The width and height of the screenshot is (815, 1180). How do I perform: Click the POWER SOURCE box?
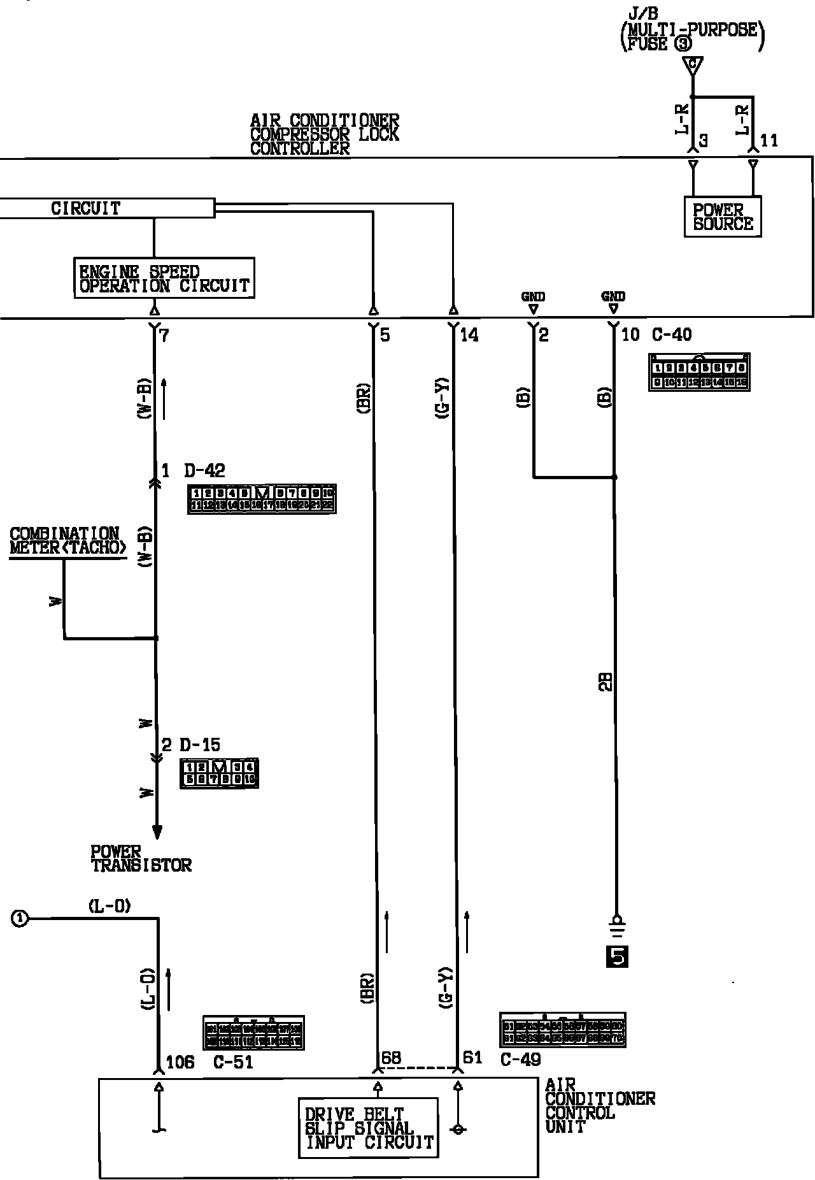(x=723, y=217)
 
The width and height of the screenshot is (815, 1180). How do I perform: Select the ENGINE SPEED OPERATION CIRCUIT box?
(x=164, y=278)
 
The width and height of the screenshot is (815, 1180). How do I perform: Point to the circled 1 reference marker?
(x=20, y=918)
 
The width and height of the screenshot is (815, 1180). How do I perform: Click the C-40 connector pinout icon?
(x=699, y=372)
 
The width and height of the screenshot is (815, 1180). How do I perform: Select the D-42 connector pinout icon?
(x=262, y=499)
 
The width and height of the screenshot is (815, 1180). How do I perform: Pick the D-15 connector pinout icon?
(x=220, y=773)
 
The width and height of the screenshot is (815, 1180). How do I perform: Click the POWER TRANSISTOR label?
(x=141, y=858)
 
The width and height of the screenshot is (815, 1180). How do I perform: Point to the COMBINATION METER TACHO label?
(x=67, y=541)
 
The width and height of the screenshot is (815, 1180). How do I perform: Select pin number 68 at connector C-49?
(x=391, y=1058)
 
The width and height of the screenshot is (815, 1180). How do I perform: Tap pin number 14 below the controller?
(x=469, y=335)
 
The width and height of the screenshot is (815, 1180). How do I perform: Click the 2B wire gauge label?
(x=607, y=681)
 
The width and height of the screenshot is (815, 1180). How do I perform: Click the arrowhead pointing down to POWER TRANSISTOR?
(x=157, y=832)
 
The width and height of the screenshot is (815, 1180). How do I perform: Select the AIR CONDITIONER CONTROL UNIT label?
(x=599, y=1105)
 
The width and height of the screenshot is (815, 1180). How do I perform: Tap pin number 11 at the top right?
(x=769, y=140)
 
